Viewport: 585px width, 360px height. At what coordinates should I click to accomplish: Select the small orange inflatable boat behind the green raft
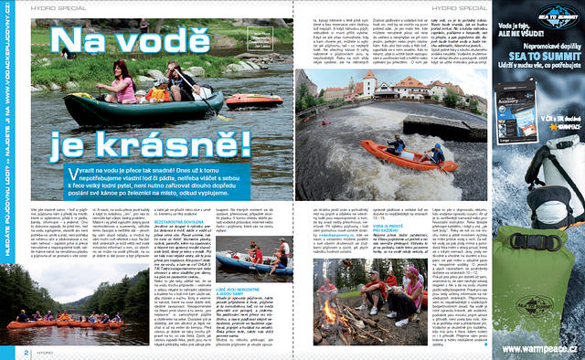(x=253, y=99)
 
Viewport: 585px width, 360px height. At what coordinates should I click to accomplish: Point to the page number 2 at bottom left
(x=5, y=353)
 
